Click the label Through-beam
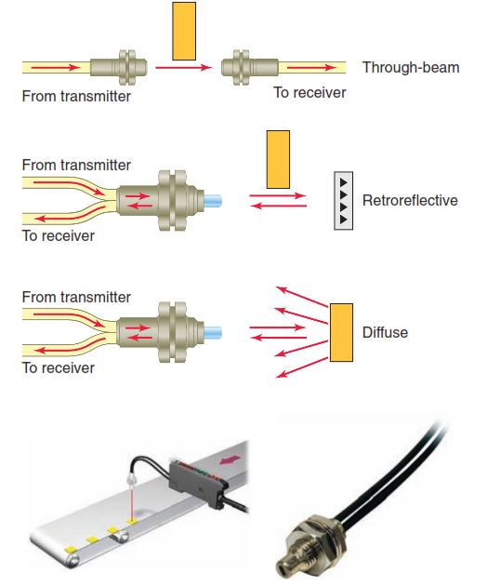coord(410,68)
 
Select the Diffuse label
coord(385,332)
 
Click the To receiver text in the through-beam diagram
coord(309,93)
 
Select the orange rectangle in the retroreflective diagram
coord(278,159)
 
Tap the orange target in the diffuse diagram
coord(340,332)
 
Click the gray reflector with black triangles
coord(346,200)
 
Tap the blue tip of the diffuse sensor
coord(213,330)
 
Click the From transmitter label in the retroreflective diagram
coord(76,165)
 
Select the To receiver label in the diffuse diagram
coord(58,367)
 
